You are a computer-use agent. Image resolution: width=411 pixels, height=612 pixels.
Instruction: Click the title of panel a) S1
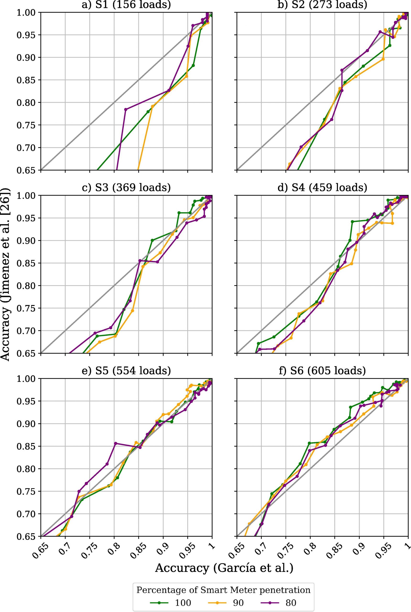pyautogui.click(x=126, y=5)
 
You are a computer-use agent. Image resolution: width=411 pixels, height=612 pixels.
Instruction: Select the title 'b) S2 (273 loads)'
pyautogui.click(x=322, y=5)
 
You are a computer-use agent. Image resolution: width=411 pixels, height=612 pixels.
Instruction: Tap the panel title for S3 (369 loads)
pyautogui.click(x=126, y=188)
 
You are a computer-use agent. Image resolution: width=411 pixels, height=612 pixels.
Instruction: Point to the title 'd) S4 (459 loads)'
pyautogui.click(x=322, y=188)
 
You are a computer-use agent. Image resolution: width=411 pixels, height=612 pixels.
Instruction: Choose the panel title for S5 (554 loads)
pyautogui.click(x=126, y=371)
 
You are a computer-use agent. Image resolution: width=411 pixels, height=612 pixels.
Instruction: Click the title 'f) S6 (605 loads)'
pyautogui.click(x=322, y=371)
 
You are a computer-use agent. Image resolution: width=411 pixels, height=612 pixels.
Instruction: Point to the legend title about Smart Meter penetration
pyautogui.click(x=223, y=583)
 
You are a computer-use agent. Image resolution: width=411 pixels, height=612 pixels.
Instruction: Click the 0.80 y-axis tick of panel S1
pyautogui.click(x=24, y=103)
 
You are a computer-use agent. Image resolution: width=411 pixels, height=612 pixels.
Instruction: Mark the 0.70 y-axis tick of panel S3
pyautogui.click(x=24, y=331)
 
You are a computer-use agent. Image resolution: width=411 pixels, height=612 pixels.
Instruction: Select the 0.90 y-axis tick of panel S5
pyautogui.click(x=24, y=424)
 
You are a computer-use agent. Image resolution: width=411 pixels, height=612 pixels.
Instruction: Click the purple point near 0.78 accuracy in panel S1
pyautogui.click(x=125, y=109)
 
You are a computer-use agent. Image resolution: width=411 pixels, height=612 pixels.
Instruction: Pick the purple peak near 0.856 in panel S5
pyautogui.click(x=115, y=443)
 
